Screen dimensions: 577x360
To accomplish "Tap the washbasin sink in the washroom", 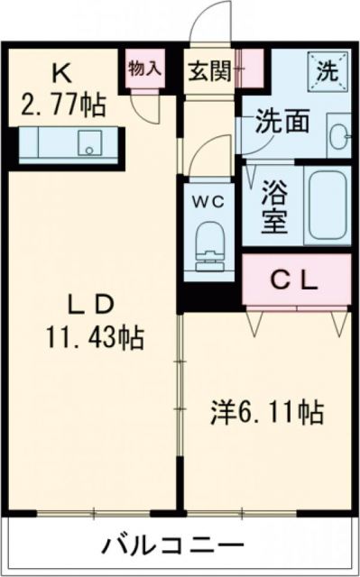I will click(337, 135).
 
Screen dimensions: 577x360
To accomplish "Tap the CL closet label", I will click(296, 280).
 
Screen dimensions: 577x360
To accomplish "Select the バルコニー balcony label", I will click(171, 545).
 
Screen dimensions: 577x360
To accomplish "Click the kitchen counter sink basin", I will click(89, 142).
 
